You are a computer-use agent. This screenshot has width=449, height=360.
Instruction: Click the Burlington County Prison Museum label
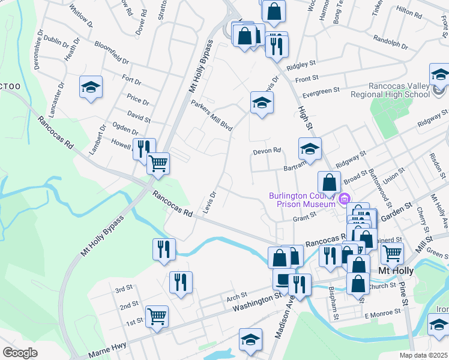[301, 200]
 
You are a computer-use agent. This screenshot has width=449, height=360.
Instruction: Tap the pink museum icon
[345, 199]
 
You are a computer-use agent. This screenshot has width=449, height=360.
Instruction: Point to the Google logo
[20, 353]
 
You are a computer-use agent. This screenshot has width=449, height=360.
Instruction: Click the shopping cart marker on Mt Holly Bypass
[158, 163]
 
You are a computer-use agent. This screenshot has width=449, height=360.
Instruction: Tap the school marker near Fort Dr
[91, 87]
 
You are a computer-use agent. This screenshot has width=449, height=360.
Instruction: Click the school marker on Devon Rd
[310, 149]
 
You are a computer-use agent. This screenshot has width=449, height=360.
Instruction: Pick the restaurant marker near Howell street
[144, 148]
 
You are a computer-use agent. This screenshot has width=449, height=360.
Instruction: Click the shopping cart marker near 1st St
[157, 316]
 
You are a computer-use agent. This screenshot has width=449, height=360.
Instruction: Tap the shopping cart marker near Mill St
[392, 253]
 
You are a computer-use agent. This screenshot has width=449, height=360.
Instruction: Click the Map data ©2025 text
[423, 355]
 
